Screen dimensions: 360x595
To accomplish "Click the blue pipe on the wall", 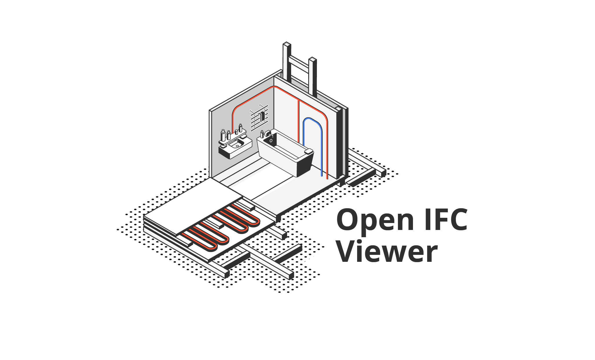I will tap(321, 145).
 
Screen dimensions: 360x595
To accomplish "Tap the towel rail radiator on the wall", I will tap(259, 118).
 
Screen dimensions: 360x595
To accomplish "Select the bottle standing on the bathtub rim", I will tap(262, 134).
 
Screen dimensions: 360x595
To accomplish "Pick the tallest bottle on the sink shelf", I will tap(223, 135).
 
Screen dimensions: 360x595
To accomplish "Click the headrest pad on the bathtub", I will tap(309, 151).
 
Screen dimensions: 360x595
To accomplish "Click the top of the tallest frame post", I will tap(287, 44).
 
